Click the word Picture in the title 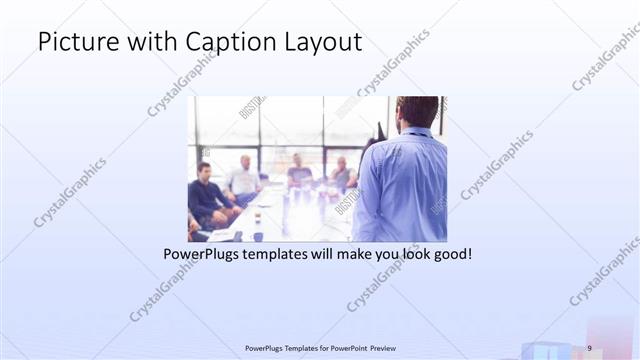[73, 42]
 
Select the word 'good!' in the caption [451, 255]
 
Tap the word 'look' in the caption [412, 255]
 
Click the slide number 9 [590, 347]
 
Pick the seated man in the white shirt [242, 179]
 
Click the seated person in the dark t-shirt [299, 175]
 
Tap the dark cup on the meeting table [258, 236]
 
